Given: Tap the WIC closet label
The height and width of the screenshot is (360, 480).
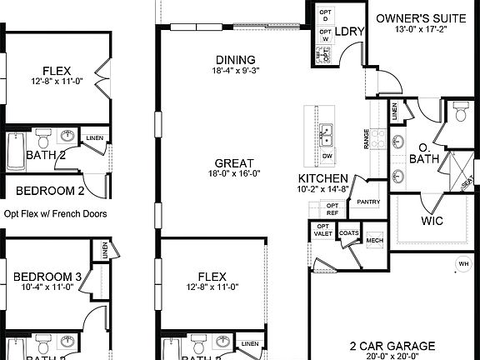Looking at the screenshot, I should (x=432, y=222).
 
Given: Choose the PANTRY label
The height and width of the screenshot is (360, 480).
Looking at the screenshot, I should (x=368, y=202).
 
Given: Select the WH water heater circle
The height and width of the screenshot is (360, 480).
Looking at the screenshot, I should (x=462, y=265).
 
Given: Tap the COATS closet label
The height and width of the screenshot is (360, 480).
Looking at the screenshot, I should (x=349, y=233).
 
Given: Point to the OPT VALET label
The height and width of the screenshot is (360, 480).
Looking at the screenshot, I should (x=323, y=230).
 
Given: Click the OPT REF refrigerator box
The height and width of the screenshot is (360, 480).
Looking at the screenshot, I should (x=332, y=208).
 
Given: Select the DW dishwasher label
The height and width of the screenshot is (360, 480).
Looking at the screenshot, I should (x=327, y=156).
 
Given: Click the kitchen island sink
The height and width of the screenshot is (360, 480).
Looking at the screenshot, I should (x=326, y=132).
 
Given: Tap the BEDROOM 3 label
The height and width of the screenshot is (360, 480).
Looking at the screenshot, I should (x=47, y=277).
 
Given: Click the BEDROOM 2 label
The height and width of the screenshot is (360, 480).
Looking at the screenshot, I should (x=47, y=190).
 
